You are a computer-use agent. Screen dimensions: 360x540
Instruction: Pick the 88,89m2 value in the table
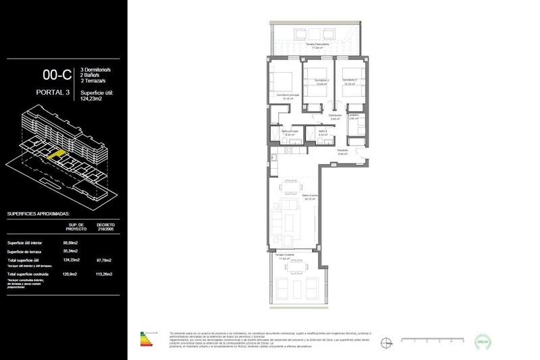tap(71, 242)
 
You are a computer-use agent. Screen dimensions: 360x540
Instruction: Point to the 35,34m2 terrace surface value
tap(71, 251)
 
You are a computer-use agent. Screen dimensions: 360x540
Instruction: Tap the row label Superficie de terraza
tap(26, 251)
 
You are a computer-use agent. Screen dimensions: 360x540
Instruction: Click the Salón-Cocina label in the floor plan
tap(310, 197)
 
